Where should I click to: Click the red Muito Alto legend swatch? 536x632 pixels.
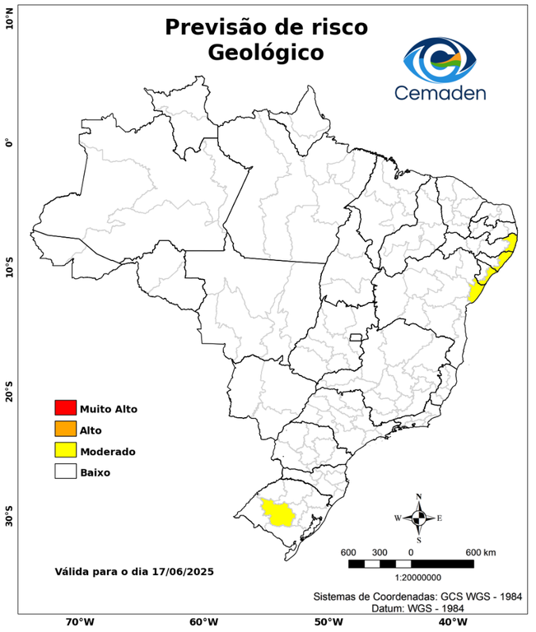click(x=65, y=407)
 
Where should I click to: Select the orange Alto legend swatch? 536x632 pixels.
click(x=65, y=429)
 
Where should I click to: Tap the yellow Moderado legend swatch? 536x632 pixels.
click(x=65, y=450)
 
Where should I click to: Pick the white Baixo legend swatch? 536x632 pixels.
click(x=65, y=472)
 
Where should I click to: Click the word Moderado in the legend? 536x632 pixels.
click(x=108, y=451)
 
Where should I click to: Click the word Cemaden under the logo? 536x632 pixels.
click(x=440, y=92)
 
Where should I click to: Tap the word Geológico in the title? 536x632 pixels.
click(x=266, y=52)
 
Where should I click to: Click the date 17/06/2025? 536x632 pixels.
click(x=184, y=570)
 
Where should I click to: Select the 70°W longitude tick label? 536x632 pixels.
click(x=79, y=622)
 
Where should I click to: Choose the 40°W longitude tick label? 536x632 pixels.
click(x=450, y=622)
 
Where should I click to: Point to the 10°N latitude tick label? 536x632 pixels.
click(x=9, y=19)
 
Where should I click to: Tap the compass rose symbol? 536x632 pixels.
click(x=418, y=518)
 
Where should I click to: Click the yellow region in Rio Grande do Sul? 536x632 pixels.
click(x=278, y=513)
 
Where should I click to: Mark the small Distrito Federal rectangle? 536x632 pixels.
click(x=357, y=337)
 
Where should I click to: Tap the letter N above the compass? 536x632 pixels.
click(x=418, y=496)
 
